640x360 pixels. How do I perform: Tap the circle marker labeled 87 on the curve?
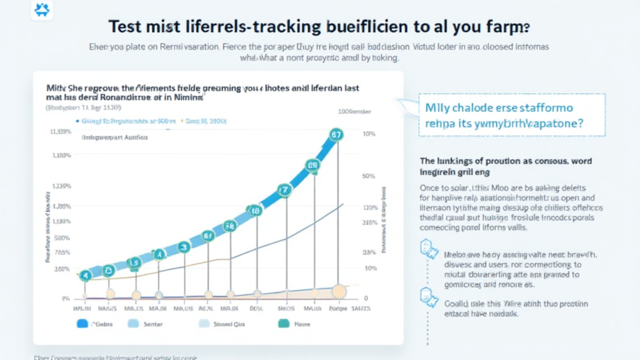coord(336,134)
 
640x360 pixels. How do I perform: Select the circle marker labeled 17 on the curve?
coord(285,189)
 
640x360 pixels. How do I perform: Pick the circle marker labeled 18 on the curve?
coord(254,211)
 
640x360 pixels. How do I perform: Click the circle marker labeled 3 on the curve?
coord(184,247)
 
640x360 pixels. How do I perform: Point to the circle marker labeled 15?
coord(133,263)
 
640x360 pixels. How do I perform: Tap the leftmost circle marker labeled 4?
coord(86,274)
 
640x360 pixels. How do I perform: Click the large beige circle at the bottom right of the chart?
coord(339,291)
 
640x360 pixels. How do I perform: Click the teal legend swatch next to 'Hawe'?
coord(284,324)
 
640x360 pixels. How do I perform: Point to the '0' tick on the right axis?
coord(366,299)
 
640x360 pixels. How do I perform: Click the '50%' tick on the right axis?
coord(368,176)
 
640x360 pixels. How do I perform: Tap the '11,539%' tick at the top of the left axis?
coord(60,132)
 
